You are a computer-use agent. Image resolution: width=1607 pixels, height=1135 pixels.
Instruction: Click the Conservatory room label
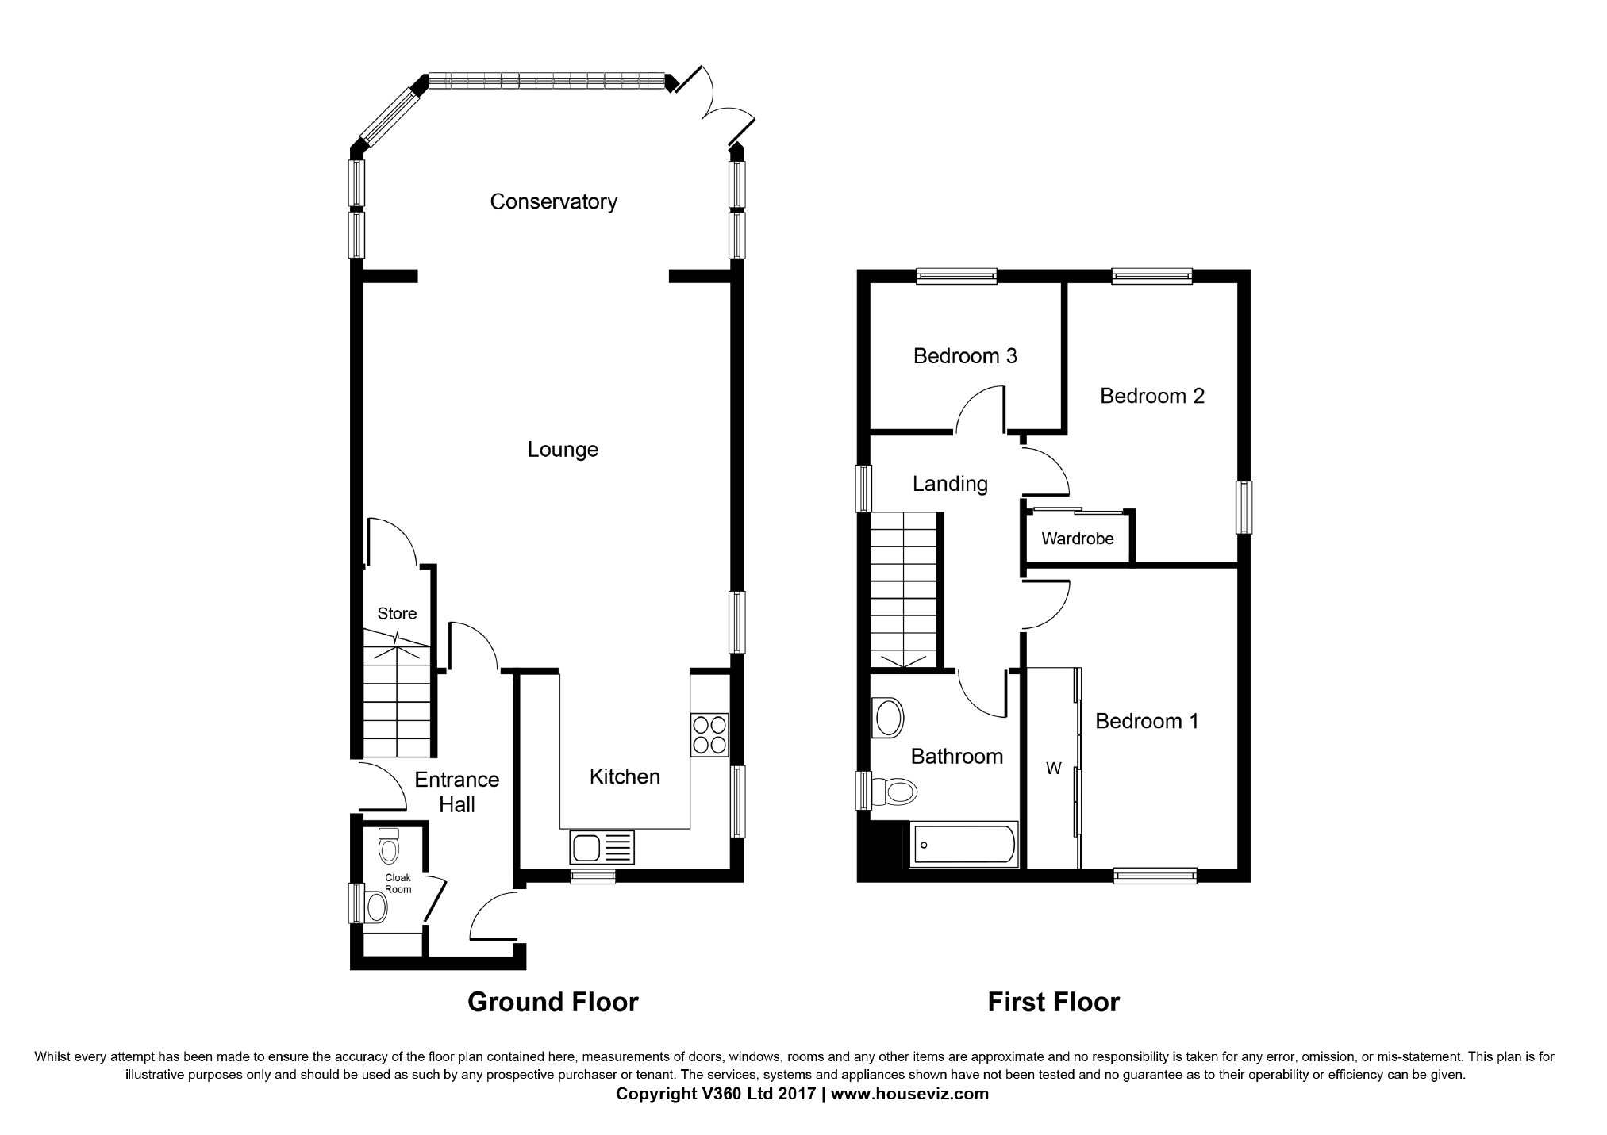tap(553, 201)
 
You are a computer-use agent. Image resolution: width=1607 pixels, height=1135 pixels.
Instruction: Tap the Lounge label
tap(563, 450)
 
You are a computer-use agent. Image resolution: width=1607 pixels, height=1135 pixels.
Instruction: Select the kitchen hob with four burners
tap(709, 734)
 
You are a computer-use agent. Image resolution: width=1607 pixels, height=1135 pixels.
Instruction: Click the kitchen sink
tap(602, 847)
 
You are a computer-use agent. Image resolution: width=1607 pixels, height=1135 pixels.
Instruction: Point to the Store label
tap(397, 614)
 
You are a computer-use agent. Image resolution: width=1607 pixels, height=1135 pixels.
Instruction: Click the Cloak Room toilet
tap(388, 848)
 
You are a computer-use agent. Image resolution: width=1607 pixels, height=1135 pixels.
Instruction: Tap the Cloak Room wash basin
tap(376, 907)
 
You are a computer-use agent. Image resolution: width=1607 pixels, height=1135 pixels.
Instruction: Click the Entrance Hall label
tap(457, 792)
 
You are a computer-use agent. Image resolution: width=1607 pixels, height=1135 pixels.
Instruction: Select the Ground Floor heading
tap(552, 1003)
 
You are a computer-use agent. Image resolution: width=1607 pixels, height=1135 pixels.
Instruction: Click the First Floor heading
tap(1053, 1003)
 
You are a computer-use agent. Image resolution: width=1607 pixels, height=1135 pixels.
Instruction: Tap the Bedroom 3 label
tap(965, 356)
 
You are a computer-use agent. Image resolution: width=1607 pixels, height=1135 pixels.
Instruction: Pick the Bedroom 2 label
tap(1151, 396)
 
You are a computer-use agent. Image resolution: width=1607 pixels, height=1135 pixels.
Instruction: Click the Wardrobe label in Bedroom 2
tap(1077, 539)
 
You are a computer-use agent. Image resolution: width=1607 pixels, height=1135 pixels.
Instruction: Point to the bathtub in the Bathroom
tap(963, 845)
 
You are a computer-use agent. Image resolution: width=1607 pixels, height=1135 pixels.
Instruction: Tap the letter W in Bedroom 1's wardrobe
tap(1053, 769)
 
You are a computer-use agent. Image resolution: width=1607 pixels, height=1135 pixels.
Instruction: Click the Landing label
tap(950, 484)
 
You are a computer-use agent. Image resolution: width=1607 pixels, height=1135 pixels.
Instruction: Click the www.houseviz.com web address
tap(909, 1094)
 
